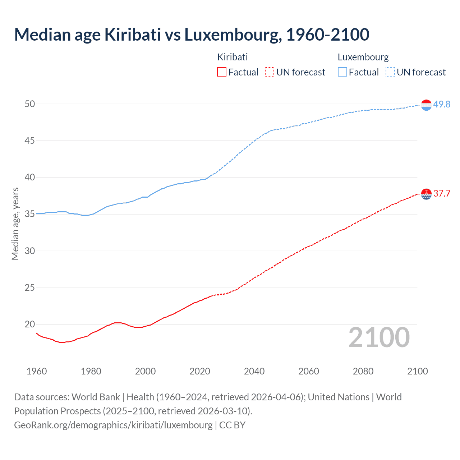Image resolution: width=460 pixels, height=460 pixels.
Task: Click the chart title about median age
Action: pos(192,34)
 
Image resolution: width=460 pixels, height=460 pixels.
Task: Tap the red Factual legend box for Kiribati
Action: pos(222,72)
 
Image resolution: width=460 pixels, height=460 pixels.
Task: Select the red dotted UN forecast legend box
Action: pos(270,72)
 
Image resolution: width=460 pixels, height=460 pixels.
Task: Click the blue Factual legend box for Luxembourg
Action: pos(342,72)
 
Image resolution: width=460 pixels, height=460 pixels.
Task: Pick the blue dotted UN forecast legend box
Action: pos(390,72)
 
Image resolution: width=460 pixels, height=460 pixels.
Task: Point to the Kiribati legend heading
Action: pos(232,57)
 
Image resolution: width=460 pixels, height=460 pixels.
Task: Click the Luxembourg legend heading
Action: pos(363,57)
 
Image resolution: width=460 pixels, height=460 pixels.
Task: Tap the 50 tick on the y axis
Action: pos(30,104)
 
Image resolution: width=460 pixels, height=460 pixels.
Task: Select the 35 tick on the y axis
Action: pos(30,214)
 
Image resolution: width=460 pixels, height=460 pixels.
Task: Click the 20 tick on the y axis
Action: pos(30,324)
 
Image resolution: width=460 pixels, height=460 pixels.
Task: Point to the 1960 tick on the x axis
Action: pos(37,371)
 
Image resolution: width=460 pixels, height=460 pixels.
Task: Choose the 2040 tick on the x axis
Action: pos(254,371)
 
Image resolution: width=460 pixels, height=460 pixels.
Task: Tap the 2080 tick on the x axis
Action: pos(363,371)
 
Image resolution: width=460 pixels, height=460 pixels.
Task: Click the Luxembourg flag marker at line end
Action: pos(426,105)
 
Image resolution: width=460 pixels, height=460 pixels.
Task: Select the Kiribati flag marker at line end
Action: pos(426,194)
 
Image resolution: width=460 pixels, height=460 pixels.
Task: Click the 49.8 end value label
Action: pos(442,104)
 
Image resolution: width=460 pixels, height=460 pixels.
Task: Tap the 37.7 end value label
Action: pos(442,193)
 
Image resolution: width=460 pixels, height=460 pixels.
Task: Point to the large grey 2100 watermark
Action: pos(379,337)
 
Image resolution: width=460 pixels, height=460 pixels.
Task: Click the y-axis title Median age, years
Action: pos(15,224)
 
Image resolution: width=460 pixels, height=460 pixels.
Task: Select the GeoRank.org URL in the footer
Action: pos(113,425)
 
